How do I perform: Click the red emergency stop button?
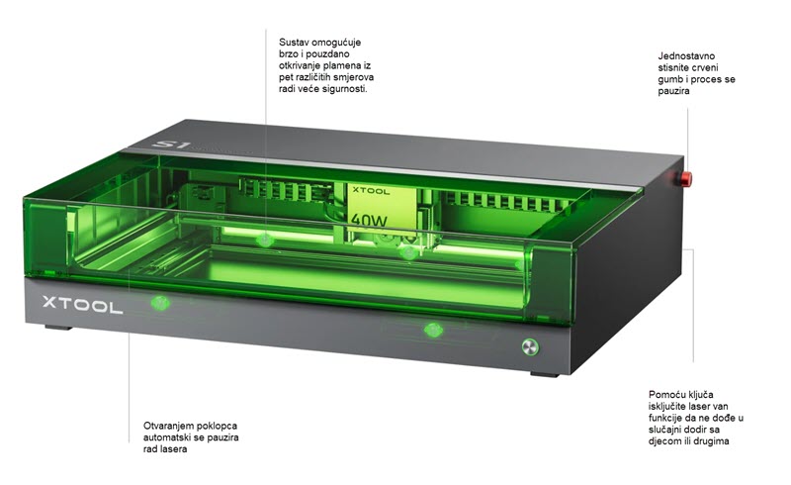[681, 179]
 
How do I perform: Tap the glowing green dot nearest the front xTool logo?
[155, 302]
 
